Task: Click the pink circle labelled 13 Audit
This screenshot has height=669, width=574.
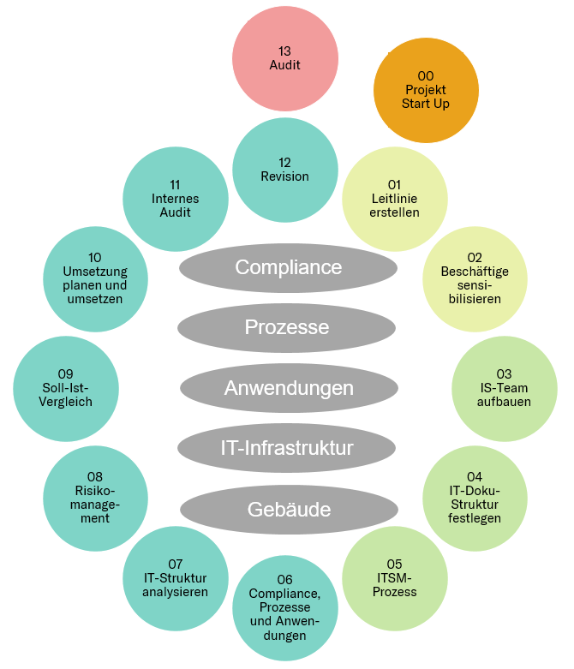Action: point(284,58)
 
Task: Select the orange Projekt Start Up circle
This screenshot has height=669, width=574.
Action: point(426,90)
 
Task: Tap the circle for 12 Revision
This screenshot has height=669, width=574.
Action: point(284,170)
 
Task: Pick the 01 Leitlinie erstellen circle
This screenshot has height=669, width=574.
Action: point(395,198)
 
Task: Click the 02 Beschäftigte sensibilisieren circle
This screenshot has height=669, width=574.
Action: point(475,278)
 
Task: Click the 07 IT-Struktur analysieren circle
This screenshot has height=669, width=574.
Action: point(175,578)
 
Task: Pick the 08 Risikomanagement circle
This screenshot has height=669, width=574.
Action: point(94,498)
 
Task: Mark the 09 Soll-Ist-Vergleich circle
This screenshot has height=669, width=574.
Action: point(65,388)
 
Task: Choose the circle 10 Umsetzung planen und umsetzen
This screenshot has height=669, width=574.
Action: point(94,278)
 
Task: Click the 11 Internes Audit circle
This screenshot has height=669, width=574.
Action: point(175,198)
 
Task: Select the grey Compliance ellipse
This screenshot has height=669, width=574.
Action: point(288,267)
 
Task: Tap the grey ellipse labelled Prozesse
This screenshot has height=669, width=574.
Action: point(286,327)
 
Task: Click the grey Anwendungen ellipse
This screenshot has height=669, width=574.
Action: point(289,388)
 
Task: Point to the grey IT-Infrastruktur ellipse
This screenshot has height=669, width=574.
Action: point(286,447)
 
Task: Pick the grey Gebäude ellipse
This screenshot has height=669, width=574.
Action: point(289,510)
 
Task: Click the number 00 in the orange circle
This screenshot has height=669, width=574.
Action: point(426,76)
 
